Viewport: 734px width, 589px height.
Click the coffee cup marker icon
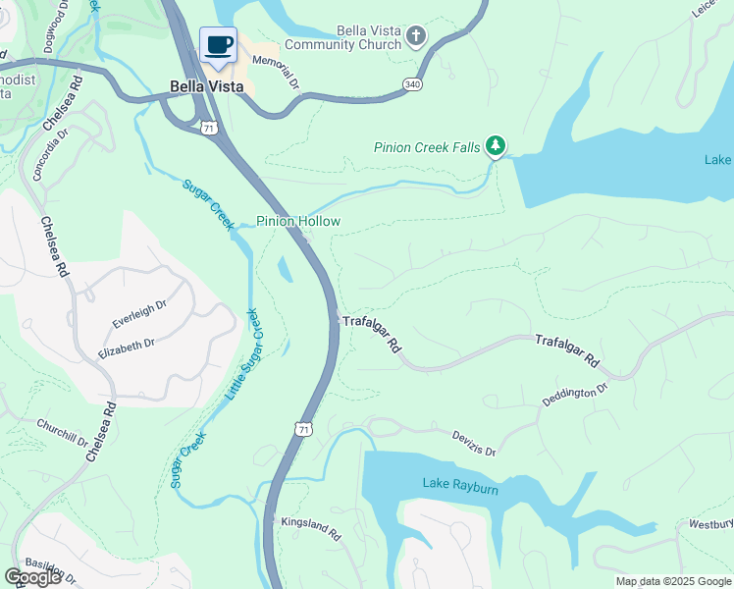[219, 45]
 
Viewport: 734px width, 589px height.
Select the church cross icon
[416, 37]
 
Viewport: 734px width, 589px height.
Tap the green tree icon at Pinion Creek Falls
[497, 147]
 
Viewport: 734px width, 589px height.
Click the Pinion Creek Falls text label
[427, 148]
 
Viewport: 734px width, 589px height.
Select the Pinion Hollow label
[298, 221]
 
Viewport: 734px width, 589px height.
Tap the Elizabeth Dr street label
[127, 345]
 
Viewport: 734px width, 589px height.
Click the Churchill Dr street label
[62, 425]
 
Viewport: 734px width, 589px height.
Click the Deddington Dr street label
[575, 397]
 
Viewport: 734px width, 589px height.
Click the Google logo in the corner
[32, 577]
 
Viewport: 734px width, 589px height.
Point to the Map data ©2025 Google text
[674, 581]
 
